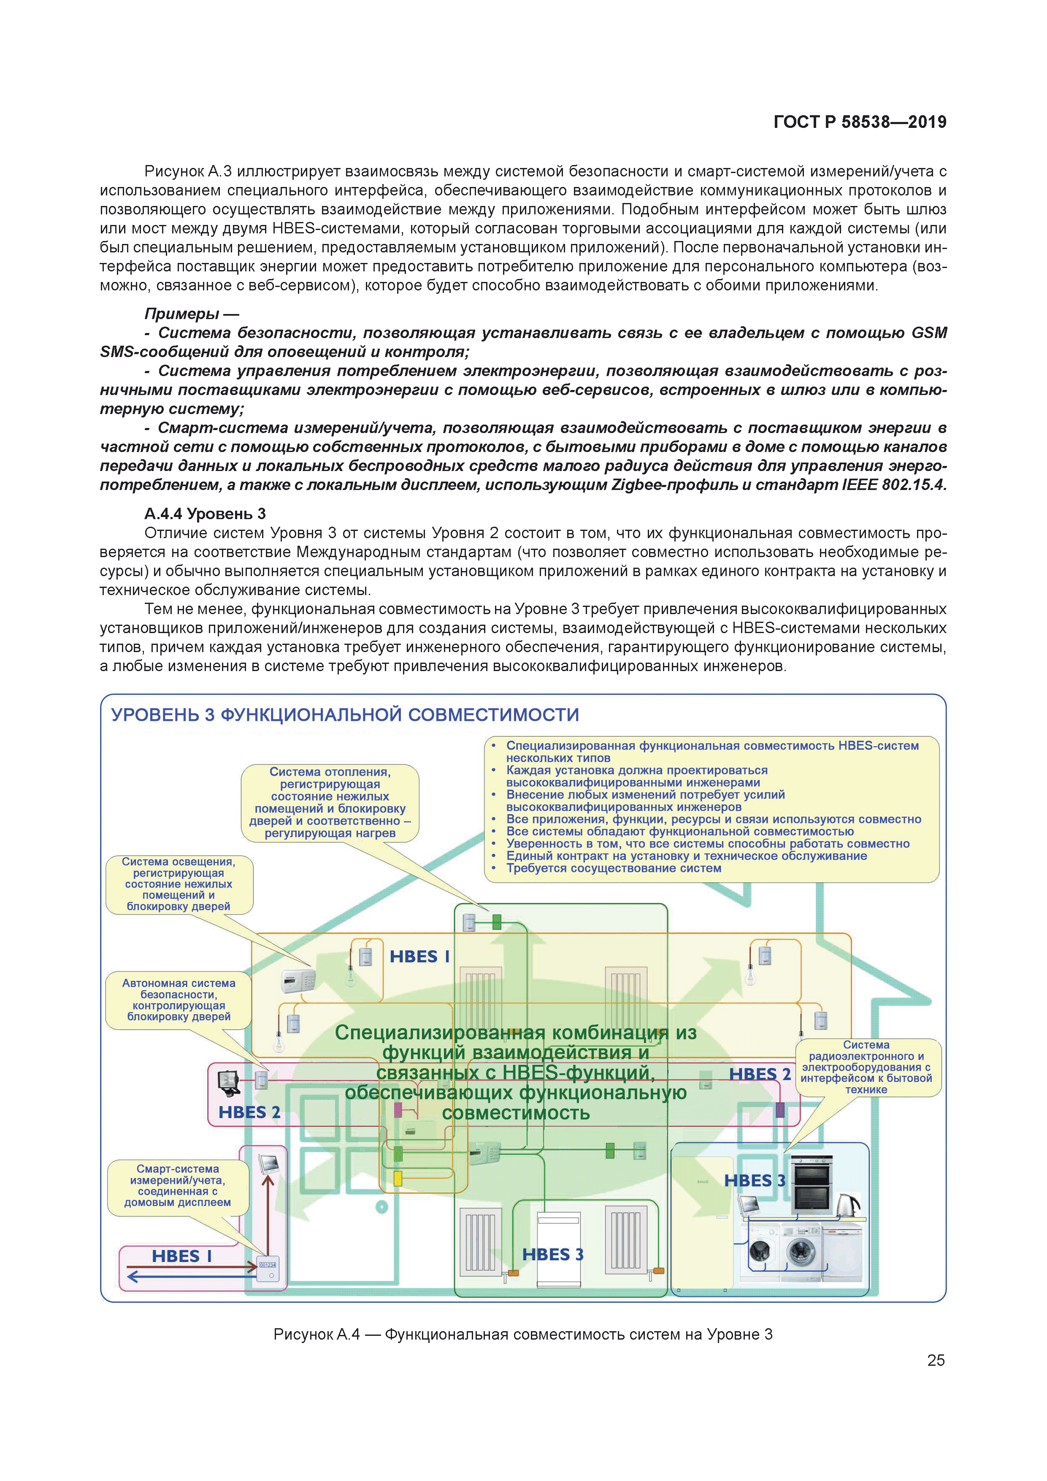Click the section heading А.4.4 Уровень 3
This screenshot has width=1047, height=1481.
205,514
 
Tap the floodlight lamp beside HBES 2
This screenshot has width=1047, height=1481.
229,1083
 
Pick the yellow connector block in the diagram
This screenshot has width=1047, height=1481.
398,1178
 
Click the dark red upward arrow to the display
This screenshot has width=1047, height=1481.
268,1213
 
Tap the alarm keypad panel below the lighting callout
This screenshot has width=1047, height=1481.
298,981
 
